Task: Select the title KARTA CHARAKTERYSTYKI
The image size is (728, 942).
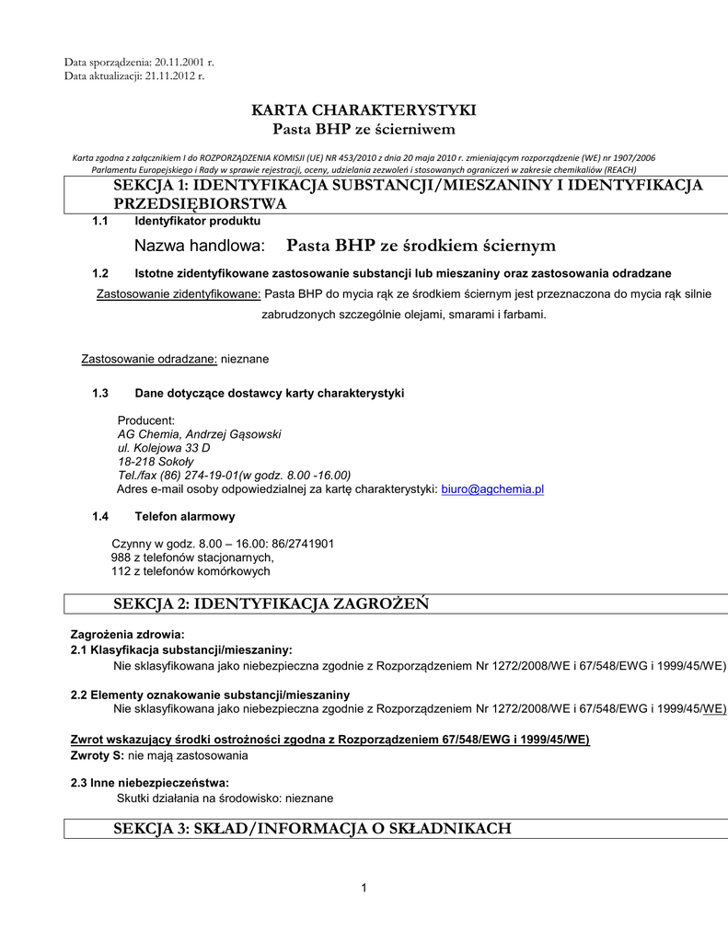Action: point(364,110)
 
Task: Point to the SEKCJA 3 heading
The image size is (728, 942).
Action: point(312,829)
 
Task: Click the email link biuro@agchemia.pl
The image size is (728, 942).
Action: point(492,489)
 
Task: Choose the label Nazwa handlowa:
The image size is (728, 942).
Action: point(200,246)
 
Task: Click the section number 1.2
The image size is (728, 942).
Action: point(101,273)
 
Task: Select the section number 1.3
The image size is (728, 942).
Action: point(101,393)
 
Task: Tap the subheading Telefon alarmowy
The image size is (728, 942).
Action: point(185,516)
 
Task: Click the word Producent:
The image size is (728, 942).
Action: point(146,420)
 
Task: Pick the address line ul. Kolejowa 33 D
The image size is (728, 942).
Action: point(164,448)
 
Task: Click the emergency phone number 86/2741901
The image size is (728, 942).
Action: point(303,544)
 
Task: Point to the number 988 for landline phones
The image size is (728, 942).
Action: point(121,557)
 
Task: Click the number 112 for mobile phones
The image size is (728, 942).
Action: point(121,571)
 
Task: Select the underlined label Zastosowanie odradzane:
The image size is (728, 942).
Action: point(150,358)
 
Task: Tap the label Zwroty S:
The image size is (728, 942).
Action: point(97,755)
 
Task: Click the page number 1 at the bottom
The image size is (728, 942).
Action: point(364,888)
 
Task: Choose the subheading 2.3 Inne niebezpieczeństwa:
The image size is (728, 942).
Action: point(150,783)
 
